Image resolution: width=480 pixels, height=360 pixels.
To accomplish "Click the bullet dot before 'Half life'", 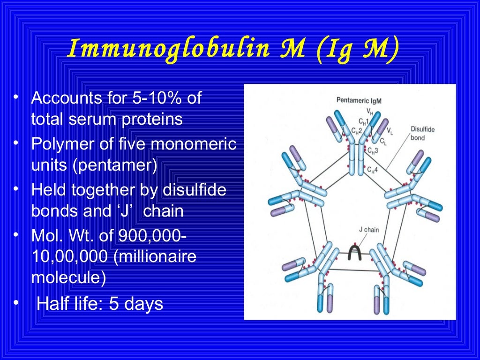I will [16, 304].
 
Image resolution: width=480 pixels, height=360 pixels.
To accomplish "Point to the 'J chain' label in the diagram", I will [368, 230].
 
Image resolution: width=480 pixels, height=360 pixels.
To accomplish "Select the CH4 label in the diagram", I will [373, 169].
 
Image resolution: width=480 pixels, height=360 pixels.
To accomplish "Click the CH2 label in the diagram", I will [356, 132].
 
